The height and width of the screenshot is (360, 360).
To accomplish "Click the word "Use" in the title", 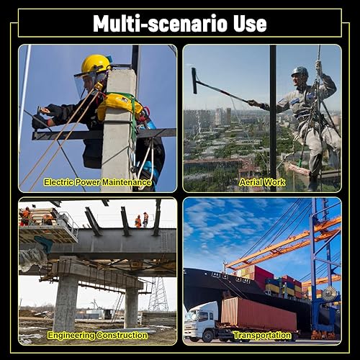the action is (250, 24).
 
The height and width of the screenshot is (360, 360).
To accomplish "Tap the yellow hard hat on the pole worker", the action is (96, 63).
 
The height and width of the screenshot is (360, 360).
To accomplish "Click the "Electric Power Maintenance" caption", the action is (97, 182).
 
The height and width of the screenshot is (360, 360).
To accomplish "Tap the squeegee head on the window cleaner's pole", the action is (194, 81).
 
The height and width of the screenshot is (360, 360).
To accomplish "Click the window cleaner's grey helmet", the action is (300, 71).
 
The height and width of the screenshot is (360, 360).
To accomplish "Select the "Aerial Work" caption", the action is (262, 182).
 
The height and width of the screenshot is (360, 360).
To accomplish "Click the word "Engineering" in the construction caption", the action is (71, 336).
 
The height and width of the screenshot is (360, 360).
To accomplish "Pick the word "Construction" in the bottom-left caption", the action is (122, 335).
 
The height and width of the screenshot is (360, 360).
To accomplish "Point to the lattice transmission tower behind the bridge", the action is (158, 294).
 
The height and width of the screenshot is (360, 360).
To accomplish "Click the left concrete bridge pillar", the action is (66, 305).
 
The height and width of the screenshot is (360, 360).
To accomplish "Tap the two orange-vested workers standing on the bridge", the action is (142, 220).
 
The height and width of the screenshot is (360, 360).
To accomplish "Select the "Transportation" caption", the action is (262, 336).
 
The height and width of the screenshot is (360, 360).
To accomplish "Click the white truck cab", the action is (201, 318).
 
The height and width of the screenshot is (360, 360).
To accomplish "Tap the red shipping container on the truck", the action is (258, 315).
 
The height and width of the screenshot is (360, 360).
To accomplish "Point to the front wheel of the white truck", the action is (207, 336).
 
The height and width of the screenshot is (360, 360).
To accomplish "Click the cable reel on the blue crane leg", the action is (329, 294).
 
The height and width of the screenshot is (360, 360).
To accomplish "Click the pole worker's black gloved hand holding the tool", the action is (40, 122).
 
